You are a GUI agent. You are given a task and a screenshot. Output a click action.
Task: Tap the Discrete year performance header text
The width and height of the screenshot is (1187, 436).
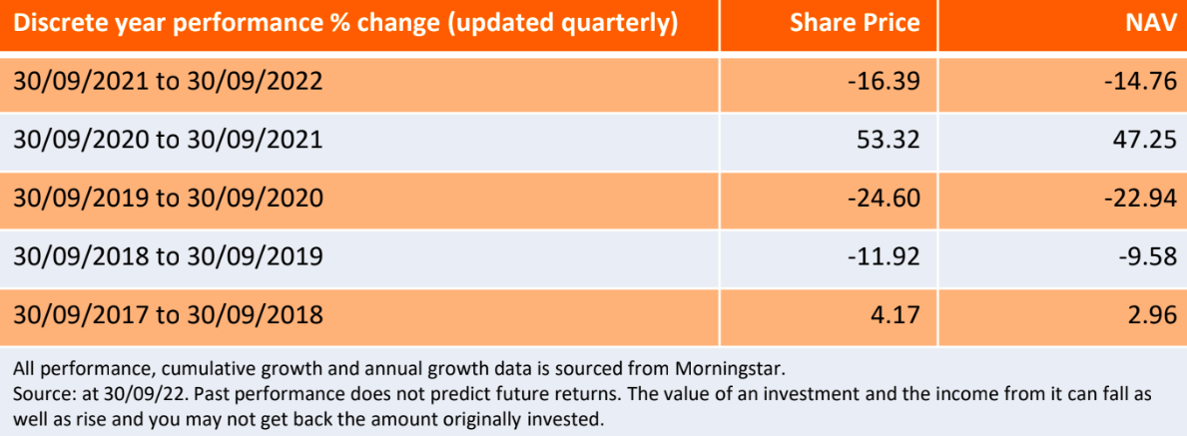[345, 24]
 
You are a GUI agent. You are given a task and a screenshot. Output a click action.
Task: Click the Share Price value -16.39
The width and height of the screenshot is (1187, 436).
[879, 81]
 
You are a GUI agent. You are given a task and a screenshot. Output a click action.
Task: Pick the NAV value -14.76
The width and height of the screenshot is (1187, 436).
[1136, 81]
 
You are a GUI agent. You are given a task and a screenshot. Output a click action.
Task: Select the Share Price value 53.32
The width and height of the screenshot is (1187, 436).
[885, 140]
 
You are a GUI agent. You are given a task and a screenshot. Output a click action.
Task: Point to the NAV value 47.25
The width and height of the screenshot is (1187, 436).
[1143, 140]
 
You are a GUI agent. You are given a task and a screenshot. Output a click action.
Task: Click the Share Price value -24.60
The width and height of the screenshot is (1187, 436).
[879, 198]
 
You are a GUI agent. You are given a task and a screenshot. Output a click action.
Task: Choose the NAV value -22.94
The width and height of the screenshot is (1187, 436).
[1136, 198]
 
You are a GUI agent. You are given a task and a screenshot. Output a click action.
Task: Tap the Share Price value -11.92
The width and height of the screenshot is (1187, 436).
[879, 255]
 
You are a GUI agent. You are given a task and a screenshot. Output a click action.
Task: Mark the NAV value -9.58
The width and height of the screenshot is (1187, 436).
[1143, 255]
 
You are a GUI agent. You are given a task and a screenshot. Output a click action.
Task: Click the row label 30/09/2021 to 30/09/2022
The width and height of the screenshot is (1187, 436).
[169, 82]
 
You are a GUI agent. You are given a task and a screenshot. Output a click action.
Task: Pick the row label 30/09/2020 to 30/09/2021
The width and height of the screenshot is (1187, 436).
[169, 140]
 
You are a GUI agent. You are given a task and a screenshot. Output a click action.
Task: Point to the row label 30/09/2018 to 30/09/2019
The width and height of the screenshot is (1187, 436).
[169, 256]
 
